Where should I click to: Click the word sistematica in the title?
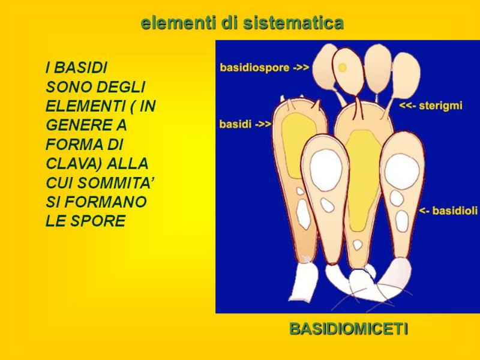pos(293,23)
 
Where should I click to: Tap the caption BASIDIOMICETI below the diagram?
pos(349,329)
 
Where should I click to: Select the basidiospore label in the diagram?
pos(265,67)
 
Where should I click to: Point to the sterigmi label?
pos(431,106)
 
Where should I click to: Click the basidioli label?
pos(448,211)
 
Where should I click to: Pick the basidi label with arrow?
pos(245,124)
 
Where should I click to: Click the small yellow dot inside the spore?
pos(343,67)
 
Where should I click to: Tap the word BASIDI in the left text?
pos(80,68)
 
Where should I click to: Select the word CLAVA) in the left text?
pos(73,163)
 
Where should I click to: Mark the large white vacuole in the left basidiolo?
pos(326,169)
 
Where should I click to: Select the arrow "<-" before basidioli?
pos(425,211)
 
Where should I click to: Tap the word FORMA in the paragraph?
pos(73,145)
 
